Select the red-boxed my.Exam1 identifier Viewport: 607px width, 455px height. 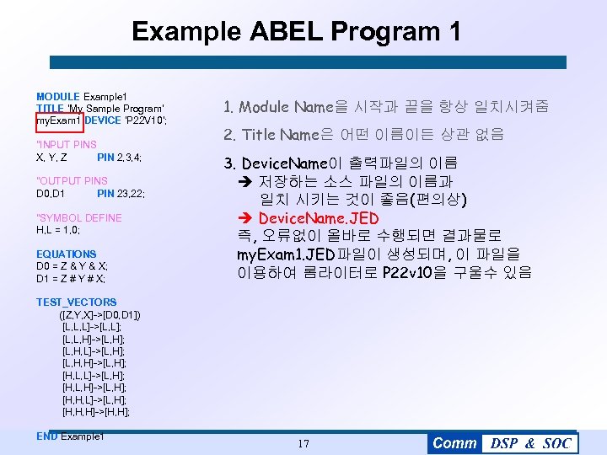click(58, 120)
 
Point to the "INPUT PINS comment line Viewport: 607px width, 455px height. click(67, 145)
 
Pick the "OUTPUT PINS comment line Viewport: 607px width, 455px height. click(72, 181)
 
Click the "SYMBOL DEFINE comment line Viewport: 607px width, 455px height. click(79, 217)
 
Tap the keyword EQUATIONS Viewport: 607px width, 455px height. click(66, 254)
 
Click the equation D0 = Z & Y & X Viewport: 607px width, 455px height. click(72, 266)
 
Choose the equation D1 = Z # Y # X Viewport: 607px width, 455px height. click(71, 278)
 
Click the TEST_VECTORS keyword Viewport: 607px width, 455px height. click(76, 302)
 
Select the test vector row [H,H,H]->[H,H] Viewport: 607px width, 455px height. click(95, 412)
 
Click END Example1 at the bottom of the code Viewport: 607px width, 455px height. click(70, 436)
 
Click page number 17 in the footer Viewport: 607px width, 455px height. click(303, 443)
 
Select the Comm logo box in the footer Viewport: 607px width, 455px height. click(454, 443)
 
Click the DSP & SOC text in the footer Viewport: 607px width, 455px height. click(530, 443)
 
